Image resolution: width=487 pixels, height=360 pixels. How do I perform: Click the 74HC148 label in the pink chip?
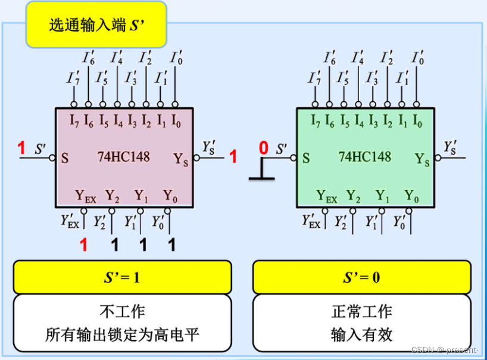click(123, 157)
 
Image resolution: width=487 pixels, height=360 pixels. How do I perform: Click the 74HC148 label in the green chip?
click(364, 156)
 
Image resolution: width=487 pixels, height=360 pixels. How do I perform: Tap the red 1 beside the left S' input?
click(21, 148)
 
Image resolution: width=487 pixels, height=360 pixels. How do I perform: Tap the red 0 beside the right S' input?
click(264, 148)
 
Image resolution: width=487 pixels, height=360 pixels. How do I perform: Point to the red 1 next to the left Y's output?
click(233, 157)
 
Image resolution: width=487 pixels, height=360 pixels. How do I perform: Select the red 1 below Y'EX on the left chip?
click(83, 245)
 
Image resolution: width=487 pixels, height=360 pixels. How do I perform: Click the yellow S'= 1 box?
click(122, 277)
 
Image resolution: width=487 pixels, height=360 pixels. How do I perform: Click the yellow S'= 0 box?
click(361, 277)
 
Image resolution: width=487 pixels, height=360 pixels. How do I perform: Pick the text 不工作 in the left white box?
click(122, 312)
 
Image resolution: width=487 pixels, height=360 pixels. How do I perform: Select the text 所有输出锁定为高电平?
click(122, 334)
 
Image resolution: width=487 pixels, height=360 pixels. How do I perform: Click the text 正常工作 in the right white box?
click(361, 312)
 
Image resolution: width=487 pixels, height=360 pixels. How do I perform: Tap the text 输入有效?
click(361, 334)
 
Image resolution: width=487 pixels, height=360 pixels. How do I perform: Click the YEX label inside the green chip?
click(327, 196)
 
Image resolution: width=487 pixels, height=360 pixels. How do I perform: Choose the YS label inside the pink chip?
click(181, 159)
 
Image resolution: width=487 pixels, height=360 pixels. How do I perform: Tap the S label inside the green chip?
click(306, 158)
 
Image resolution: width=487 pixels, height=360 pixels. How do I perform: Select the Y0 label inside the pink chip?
click(170, 196)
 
